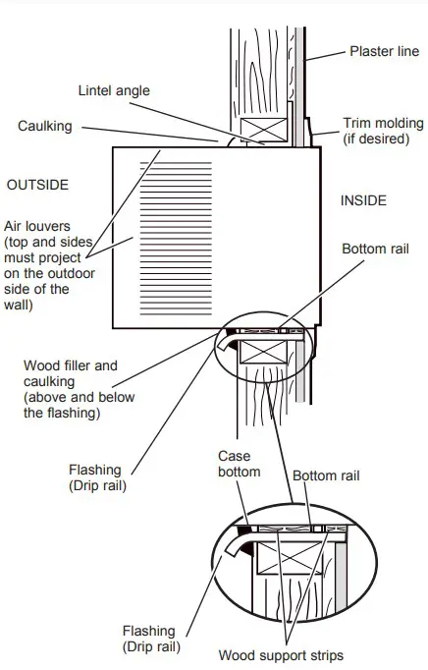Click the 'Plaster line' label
point(384,50)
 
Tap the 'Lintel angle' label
point(113,90)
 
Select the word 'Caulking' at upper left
point(44,126)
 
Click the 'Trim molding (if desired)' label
point(377,131)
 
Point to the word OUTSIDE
point(37,185)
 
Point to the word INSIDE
point(363,200)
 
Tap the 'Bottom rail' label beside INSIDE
point(374,249)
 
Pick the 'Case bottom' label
point(240,463)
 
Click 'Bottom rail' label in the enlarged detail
point(327,475)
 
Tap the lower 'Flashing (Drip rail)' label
point(149,638)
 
